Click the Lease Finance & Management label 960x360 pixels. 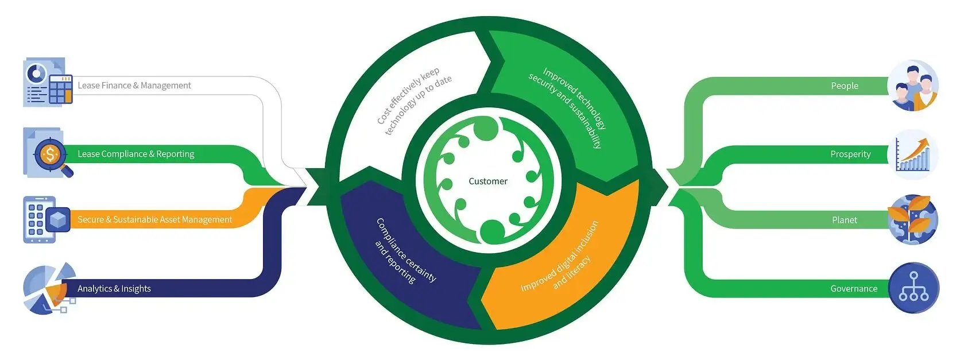pos(134,86)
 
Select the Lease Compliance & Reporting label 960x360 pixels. pos(136,154)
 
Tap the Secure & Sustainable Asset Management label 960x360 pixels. pos(154,219)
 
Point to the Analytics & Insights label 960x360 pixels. pos(114,288)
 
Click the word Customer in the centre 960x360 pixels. pos(488,181)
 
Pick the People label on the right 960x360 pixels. pos(844,86)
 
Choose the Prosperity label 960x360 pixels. pos(850,154)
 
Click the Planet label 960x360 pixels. pos(844,220)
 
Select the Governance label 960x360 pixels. pos(853,288)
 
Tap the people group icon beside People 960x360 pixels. pos(913,86)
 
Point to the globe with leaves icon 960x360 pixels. pos(913,220)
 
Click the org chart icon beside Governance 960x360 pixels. pos(913,288)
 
